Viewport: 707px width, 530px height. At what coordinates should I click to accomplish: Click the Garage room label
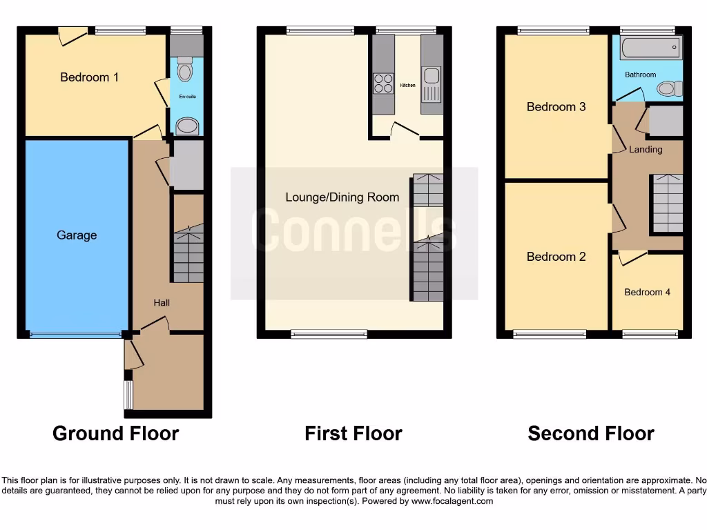(77, 235)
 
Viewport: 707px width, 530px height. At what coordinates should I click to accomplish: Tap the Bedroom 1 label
(89, 77)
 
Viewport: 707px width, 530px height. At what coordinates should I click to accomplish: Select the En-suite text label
(188, 97)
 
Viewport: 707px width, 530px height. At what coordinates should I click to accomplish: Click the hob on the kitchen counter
(383, 84)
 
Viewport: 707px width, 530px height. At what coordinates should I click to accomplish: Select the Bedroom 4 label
(647, 293)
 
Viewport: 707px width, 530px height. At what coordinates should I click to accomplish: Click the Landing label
(646, 149)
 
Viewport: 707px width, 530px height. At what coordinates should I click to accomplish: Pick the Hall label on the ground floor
(162, 302)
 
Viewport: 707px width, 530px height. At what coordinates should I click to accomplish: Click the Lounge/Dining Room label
(342, 197)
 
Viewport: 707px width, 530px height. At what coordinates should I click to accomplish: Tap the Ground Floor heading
(115, 433)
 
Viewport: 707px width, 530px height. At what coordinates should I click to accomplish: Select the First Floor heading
(353, 433)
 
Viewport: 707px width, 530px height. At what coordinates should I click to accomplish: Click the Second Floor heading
(591, 433)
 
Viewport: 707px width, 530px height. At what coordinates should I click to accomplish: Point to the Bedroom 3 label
(556, 107)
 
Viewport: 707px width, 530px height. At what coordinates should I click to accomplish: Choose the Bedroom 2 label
(556, 257)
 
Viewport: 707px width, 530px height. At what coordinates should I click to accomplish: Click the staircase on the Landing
(668, 204)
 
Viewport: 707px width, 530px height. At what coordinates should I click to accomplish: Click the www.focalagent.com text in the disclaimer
(452, 501)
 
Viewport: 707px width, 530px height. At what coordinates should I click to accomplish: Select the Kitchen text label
(407, 86)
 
